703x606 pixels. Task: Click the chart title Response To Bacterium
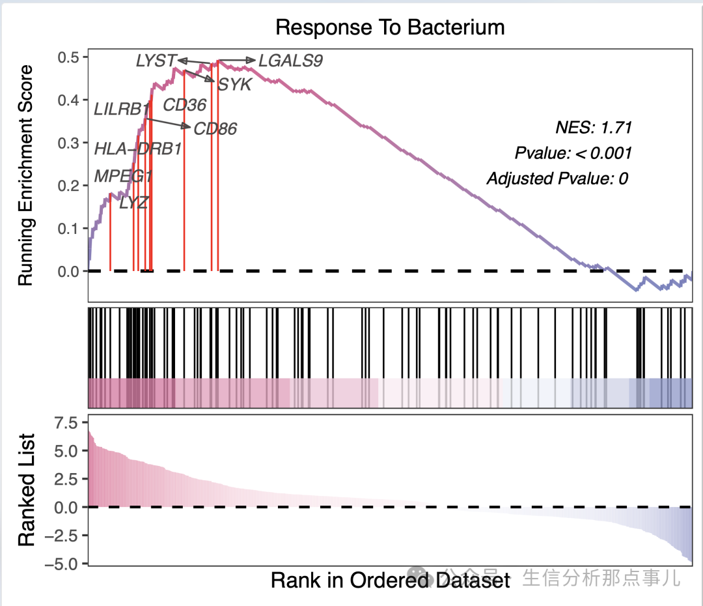click(x=390, y=27)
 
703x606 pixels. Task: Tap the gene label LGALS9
click(x=290, y=61)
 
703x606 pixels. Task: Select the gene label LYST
click(x=156, y=61)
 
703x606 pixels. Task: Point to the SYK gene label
click(x=234, y=84)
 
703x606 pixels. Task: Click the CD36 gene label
click(x=184, y=105)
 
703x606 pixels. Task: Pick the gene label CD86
click(x=215, y=129)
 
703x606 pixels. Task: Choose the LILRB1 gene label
click(x=122, y=109)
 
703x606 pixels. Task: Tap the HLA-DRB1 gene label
click(x=137, y=149)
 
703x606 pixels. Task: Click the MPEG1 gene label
click(x=123, y=176)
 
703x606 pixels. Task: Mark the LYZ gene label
click(x=134, y=202)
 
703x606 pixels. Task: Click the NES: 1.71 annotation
click(x=594, y=127)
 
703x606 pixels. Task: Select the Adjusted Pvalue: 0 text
click(x=557, y=179)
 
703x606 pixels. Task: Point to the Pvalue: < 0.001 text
click(x=573, y=153)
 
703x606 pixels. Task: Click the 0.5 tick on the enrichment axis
click(x=68, y=57)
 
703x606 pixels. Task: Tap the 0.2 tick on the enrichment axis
click(x=68, y=186)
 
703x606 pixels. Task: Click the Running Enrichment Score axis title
click(x=25, y=175)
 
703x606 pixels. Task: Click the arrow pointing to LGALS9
click(x=237, y=61)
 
